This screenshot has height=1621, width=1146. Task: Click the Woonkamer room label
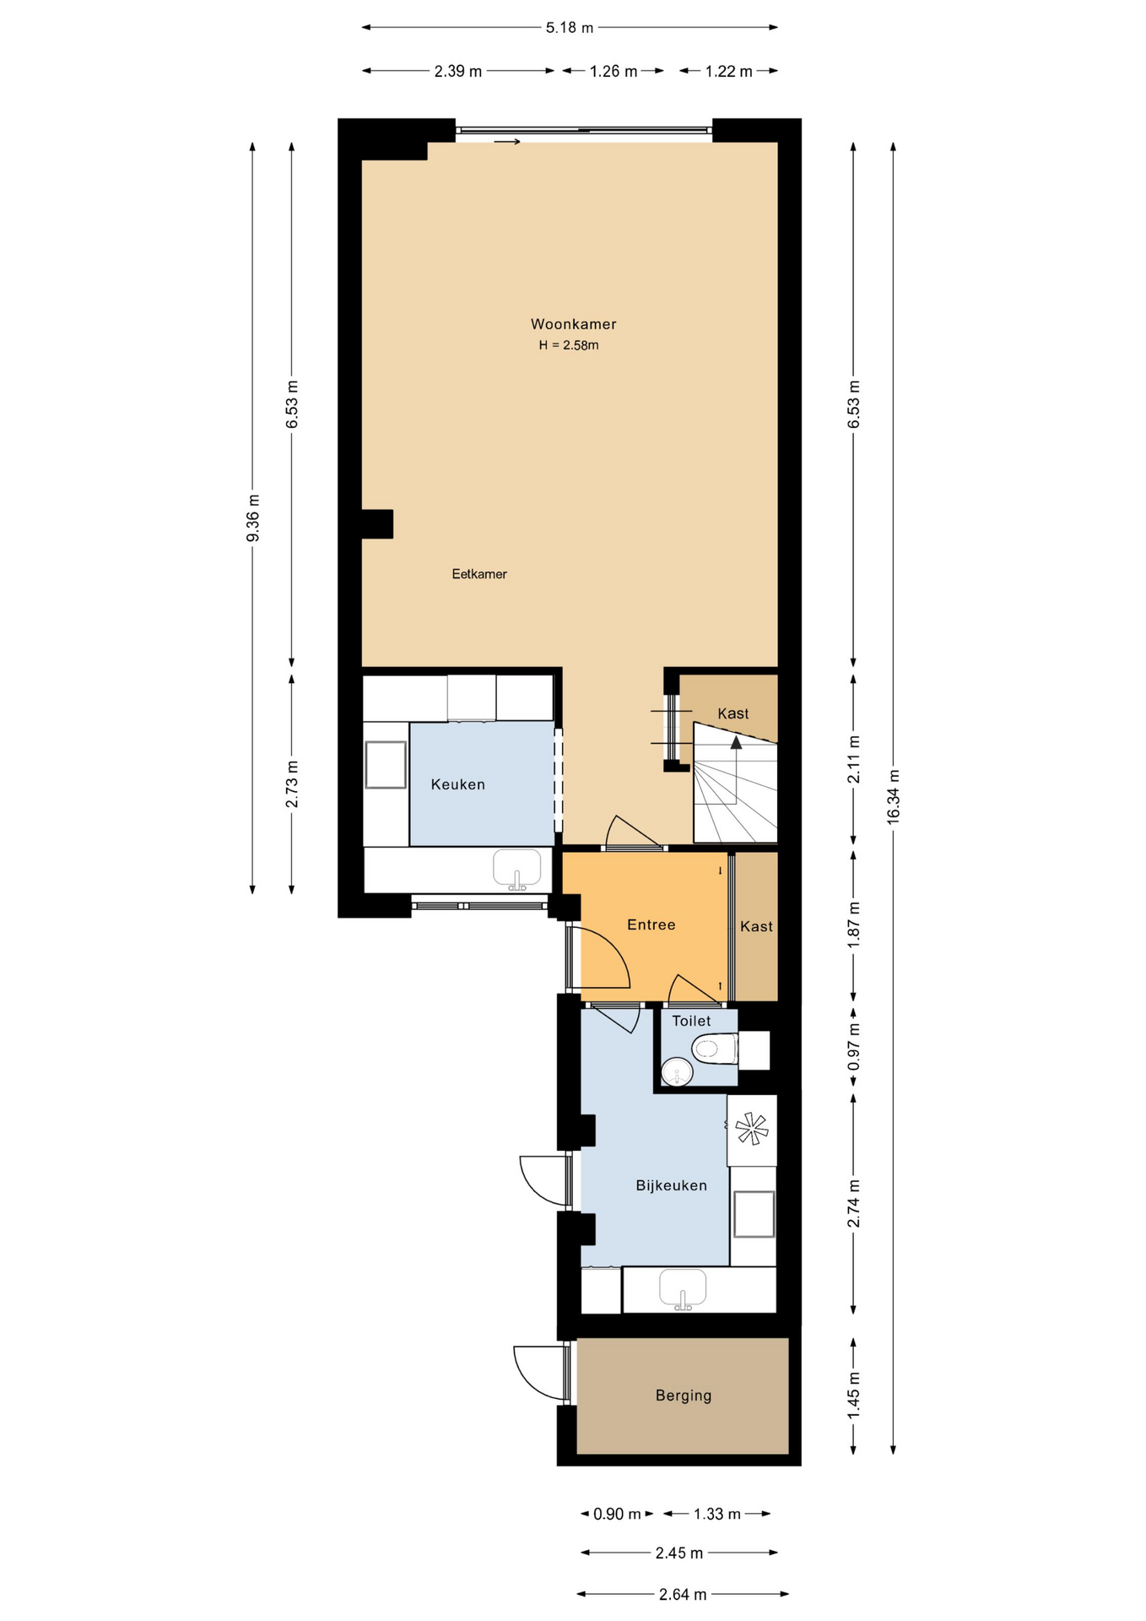tap(573, 324)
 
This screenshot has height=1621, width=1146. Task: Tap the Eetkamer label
tap(479, 574)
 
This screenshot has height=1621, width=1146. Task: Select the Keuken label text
tap(458, 784)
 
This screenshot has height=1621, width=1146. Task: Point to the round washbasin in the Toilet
tap(677, 1072)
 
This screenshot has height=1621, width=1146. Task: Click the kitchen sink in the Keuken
tap(516, 870)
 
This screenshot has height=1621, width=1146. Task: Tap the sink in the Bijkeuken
tap(683, 1289)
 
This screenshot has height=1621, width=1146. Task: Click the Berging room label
tap(684, 1396)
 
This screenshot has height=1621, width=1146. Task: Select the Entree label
tap(651, 924)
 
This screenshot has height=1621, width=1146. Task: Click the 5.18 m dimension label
tap(570, 28)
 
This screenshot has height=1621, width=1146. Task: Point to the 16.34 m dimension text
tap(894, 797)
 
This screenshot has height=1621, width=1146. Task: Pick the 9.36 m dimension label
tap(253, 518)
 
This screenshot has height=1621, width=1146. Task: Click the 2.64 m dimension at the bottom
tap(683, 1594)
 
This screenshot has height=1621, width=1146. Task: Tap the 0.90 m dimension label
tap(617, 1514)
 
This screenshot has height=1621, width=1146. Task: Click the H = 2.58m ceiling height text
tap(569, 345)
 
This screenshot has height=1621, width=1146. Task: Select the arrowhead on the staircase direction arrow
tap(737, 742)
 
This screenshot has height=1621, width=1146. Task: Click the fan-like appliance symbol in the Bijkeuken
tap(751, 1129)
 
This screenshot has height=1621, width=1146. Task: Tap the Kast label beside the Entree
tap(756, 926)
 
